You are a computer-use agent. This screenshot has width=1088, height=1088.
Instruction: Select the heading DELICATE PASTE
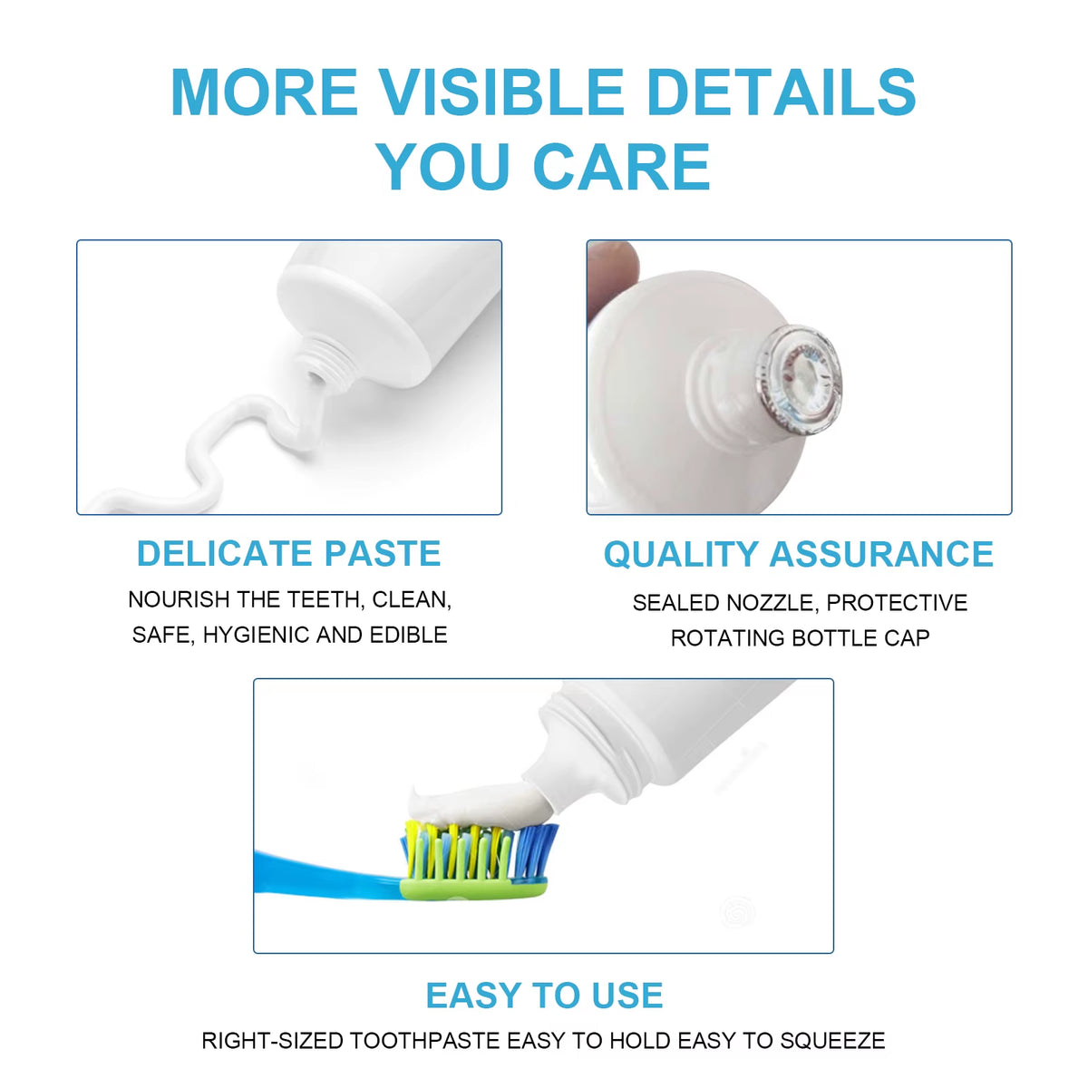(288, 553)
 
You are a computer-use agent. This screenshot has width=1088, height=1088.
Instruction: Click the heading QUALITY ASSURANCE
(798, 554)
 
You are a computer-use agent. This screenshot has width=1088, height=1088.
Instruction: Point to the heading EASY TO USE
(544, 996)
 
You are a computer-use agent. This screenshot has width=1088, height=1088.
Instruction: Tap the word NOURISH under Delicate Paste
(179, 599)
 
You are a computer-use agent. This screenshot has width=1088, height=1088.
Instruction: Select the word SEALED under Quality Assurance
(678, 603)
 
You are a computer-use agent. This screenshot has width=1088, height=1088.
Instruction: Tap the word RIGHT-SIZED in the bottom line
(272, 1040)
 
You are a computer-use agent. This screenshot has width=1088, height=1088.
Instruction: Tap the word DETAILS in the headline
(781, 92)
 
